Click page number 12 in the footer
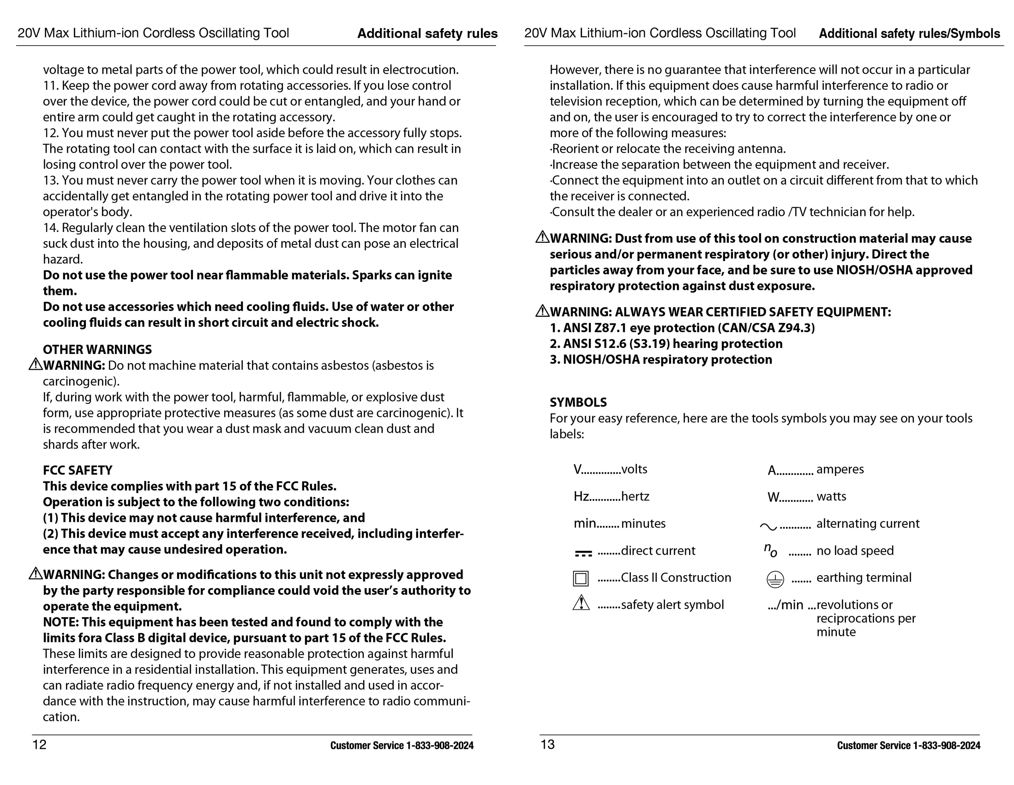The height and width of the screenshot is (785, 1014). (39, 744)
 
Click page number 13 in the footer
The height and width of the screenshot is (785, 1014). (547, 744)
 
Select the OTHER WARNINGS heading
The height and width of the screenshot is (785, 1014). (97, 349)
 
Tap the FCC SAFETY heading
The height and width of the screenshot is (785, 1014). (78, 471)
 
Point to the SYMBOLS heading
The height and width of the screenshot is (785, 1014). (578, 402)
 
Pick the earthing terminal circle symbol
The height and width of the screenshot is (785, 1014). (775, 579)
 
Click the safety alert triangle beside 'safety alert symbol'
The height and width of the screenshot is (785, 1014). (581, 603)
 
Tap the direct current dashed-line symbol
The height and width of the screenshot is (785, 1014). (583, 553)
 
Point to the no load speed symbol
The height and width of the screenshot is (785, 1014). (770, 550)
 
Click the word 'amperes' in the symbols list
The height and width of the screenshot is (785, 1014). (840, 469)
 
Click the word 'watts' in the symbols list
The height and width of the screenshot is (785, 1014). (831, 496)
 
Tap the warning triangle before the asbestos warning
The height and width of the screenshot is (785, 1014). (35, 365)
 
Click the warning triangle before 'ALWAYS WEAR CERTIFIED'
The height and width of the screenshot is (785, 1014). (542, 311)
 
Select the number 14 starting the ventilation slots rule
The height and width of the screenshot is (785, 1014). (50, 228)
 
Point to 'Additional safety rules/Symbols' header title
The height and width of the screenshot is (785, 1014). (909, 34)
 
